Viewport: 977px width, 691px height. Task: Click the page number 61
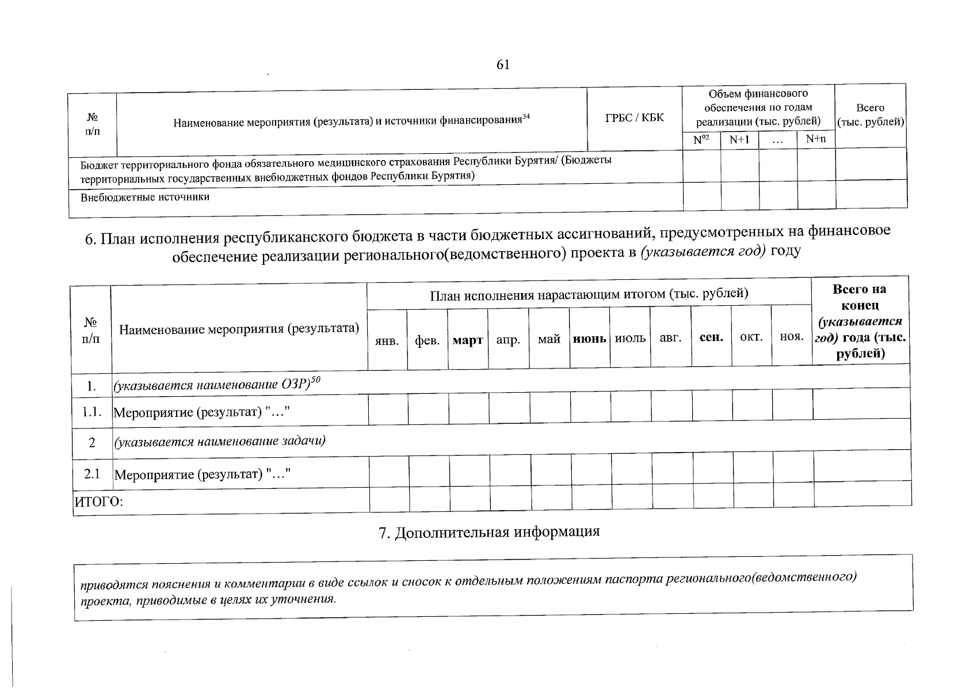click(x=503, y=65)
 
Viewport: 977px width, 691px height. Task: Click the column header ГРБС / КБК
click(x=634, y=118)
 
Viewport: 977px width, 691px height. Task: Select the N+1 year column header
click(x=739, y=139)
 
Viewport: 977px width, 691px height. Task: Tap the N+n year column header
click(x=815, y=139)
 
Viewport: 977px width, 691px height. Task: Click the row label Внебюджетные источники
click(x=145, y=198)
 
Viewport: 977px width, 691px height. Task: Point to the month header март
click(x=467, y=340)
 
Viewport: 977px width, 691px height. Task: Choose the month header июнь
click(x=589, y=339)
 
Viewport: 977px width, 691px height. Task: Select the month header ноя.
click(x=792, y=337)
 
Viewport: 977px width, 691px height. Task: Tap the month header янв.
click(x=387, y=341)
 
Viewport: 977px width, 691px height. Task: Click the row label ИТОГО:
click(x=98, y=502)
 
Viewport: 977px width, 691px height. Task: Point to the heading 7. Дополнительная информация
click(x=489, y=532)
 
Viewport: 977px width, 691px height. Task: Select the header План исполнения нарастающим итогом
click(x=589, y=295)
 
